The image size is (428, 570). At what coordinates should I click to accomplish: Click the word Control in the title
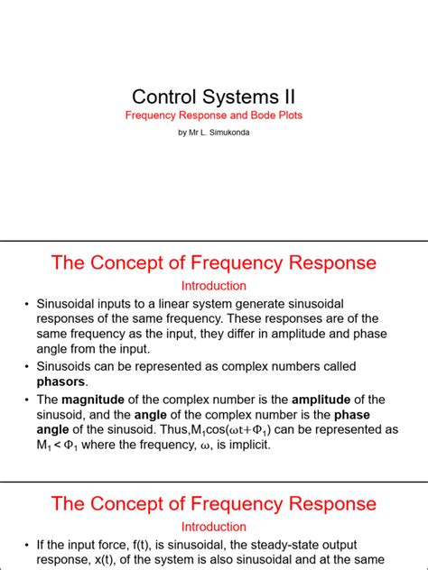(x=163, y=97)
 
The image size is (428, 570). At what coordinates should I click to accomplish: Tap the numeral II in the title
(x=285, y=97)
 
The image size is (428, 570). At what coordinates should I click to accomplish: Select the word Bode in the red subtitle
(x=255, y=116)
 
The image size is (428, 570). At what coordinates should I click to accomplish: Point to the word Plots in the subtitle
(x=287, y=116)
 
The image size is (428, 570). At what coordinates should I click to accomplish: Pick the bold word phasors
(x=60, y=382)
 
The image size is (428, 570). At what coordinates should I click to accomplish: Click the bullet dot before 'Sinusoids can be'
(x=27, y=367)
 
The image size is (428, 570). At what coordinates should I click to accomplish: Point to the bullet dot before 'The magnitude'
(x=27, y=400)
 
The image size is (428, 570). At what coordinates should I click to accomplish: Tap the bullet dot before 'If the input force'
(x=27, y=545)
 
